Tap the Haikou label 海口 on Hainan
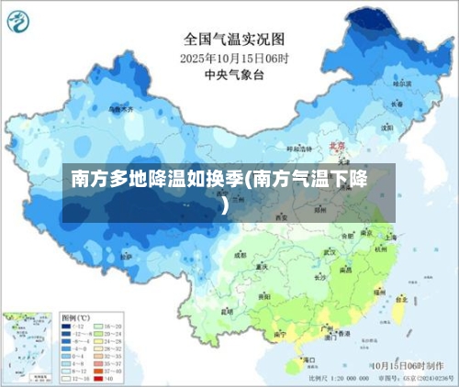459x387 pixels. (x=297, y=361)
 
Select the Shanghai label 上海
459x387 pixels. (x=391, y=236)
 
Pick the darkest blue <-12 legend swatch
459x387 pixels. (x=65, y=326)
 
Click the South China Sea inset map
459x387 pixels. (x=28, y=346)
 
